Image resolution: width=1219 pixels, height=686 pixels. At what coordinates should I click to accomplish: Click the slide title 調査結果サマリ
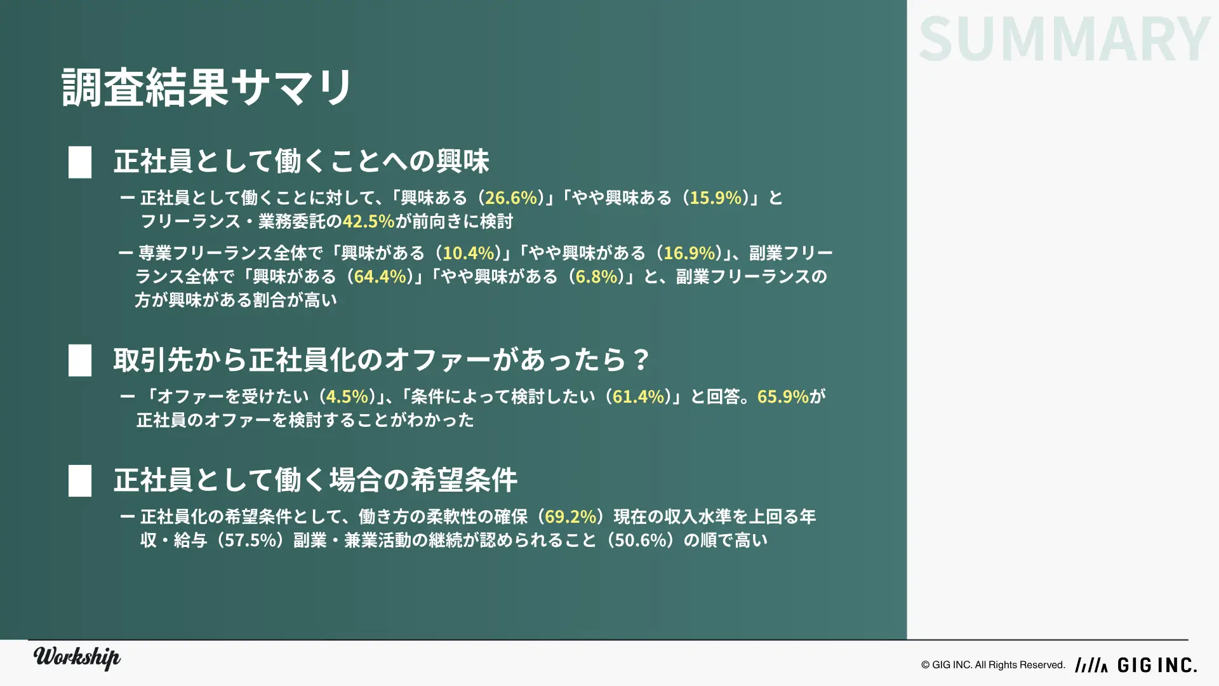pos(207,87)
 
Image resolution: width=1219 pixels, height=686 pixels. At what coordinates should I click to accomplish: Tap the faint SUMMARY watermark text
pos(1065,39)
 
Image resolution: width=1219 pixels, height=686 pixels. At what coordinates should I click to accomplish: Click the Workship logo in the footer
pos(77,658)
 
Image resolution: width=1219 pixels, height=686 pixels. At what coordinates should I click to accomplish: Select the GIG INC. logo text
pos(1157,665)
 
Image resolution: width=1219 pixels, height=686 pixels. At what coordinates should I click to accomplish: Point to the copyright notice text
pos(993,665)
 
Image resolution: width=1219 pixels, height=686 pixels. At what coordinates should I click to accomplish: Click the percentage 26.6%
pos(511,198)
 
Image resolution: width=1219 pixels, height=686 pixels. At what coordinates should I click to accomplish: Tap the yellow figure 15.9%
pos(716,198)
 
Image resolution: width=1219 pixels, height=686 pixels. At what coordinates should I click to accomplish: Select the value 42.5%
pos(369,221)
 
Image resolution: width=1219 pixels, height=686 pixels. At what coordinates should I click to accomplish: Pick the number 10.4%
pos(469,253)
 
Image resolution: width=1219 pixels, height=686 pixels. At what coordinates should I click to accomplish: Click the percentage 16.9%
pos(689,253)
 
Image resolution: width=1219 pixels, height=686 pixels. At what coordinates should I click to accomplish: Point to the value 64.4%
pos(380,276)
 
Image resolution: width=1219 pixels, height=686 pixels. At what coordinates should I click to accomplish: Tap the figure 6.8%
pos(596,276)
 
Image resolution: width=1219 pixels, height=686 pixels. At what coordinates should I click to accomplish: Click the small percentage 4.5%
pos(347,396)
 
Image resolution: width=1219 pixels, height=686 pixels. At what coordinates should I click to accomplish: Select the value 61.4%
pos(638,396)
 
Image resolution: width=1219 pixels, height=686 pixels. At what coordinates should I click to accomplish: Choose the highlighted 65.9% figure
pos(783,396)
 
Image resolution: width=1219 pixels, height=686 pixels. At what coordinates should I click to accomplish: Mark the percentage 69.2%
pos(571,516)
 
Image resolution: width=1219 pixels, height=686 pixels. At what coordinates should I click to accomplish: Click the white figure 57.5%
pos(253,540)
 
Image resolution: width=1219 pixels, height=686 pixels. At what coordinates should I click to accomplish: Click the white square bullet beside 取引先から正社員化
pos(80,360)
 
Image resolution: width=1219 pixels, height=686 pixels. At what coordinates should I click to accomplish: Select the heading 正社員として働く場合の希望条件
pos(316,480)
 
